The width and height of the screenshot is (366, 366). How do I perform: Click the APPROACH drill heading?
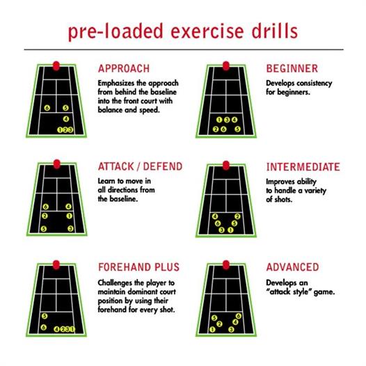(124, 69)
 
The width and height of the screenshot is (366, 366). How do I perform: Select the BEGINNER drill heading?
(292, 69)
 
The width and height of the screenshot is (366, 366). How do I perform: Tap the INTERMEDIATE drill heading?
(303, 167)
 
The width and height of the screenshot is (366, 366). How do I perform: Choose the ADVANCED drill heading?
(293, 267)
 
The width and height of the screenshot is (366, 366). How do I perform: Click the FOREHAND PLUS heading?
(139, 267)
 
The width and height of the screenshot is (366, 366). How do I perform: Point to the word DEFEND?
(163, 166)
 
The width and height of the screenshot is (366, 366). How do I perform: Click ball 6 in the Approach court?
(47, 108)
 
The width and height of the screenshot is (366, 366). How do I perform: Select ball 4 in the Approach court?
(66, 119)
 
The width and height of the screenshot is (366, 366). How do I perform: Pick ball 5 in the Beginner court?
(237, 129)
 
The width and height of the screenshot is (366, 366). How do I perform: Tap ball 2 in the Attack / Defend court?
(45, 216)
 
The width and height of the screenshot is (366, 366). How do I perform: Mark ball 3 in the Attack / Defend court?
(70, 228)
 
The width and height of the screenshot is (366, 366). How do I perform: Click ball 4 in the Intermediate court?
(215, 216)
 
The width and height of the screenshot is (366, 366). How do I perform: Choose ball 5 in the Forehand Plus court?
(45, 316)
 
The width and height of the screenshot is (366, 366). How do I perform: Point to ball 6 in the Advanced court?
(239, 316)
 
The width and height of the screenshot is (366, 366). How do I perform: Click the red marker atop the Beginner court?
(226, 66)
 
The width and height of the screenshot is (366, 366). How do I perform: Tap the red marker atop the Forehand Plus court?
(56, 265)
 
